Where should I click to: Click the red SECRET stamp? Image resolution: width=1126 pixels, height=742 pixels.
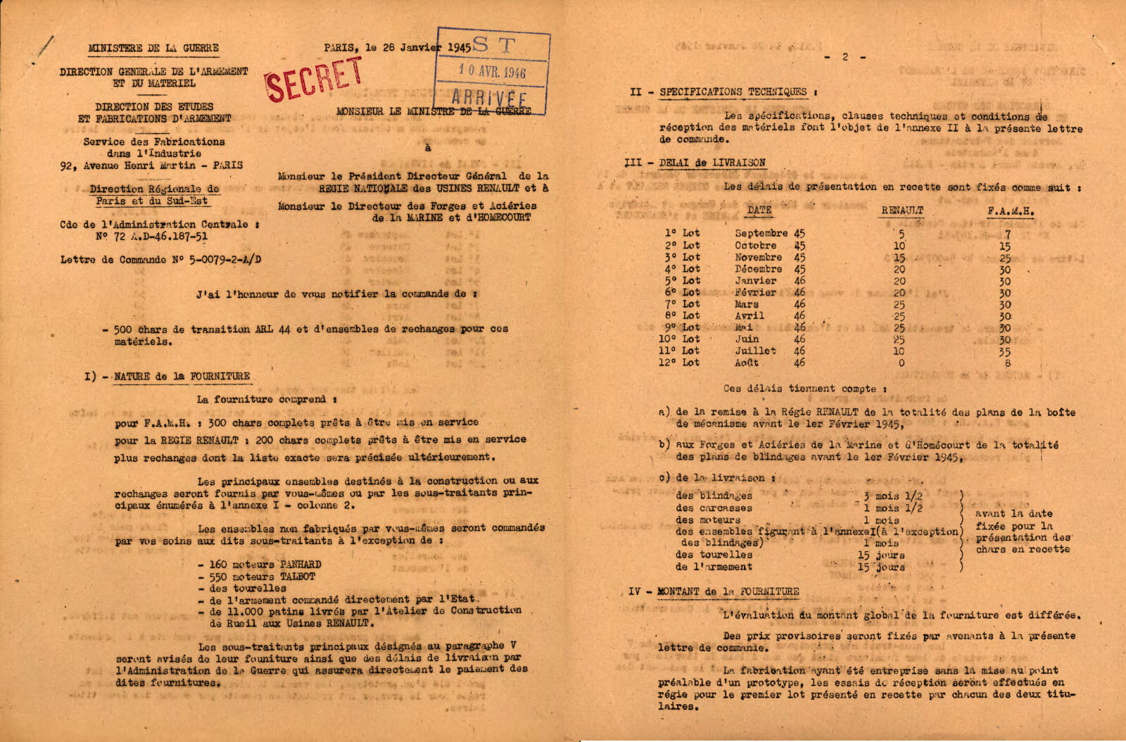[314, 79]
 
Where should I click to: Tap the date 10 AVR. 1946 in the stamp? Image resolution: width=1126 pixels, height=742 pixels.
[492, 71]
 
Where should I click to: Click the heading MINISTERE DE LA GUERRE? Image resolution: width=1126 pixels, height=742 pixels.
[153, 49]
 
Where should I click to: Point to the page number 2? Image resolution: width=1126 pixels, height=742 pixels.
[845, 57]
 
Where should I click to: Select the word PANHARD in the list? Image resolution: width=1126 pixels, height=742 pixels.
[301, 565]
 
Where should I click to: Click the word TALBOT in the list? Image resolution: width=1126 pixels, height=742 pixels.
[298, 577]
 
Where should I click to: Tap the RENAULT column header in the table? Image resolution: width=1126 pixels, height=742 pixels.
[902, 210]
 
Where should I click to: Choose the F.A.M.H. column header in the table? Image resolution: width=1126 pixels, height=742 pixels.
[1011, 210]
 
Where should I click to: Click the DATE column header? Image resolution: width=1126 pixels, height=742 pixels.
[759, 210]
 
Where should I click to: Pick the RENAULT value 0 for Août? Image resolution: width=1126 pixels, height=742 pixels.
[902, 363]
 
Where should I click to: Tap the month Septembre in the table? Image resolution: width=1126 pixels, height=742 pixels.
[761, 233]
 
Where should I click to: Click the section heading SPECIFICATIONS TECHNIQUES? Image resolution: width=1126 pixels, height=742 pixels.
[733, 92]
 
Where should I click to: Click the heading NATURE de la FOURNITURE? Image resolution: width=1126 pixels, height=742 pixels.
[182, 377]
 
